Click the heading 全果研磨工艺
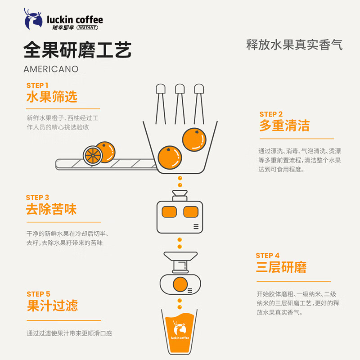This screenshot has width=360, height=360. click(x=77, y=51)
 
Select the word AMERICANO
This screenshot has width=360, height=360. click(x=51, y=69)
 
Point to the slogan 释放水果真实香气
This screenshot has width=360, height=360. click(x=294, y=45)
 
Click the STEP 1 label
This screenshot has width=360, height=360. click(x=37, y=85)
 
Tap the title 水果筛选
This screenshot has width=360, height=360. click(x=52, y=97)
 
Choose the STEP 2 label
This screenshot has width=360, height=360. click(x=271, y=114)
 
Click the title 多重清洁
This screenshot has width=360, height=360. click(x=284, y=126)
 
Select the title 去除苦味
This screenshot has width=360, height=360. click(x=51, y=209)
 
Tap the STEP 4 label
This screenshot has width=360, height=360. click(x=268, y=256)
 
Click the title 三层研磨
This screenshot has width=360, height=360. click(x=281, y=267)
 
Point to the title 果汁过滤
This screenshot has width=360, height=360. click(x=52, y=306)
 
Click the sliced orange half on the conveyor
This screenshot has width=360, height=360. click(x=92, y=155)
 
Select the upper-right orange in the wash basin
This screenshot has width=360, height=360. click(x=194, y=139)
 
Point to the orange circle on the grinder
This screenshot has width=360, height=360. click(x=180, y=284)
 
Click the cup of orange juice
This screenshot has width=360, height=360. click(x=180, y=333)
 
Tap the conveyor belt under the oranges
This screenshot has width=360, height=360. click(x=103, y=165)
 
